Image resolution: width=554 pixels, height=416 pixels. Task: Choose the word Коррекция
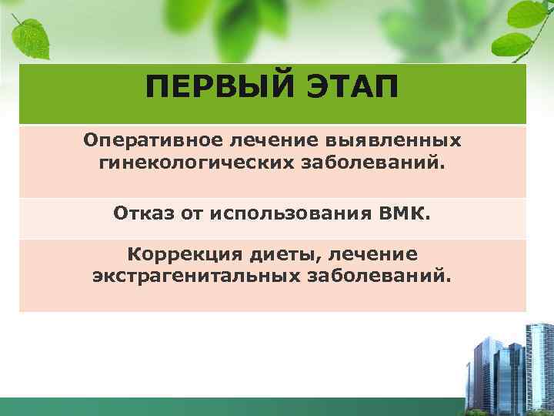[184, 253]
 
